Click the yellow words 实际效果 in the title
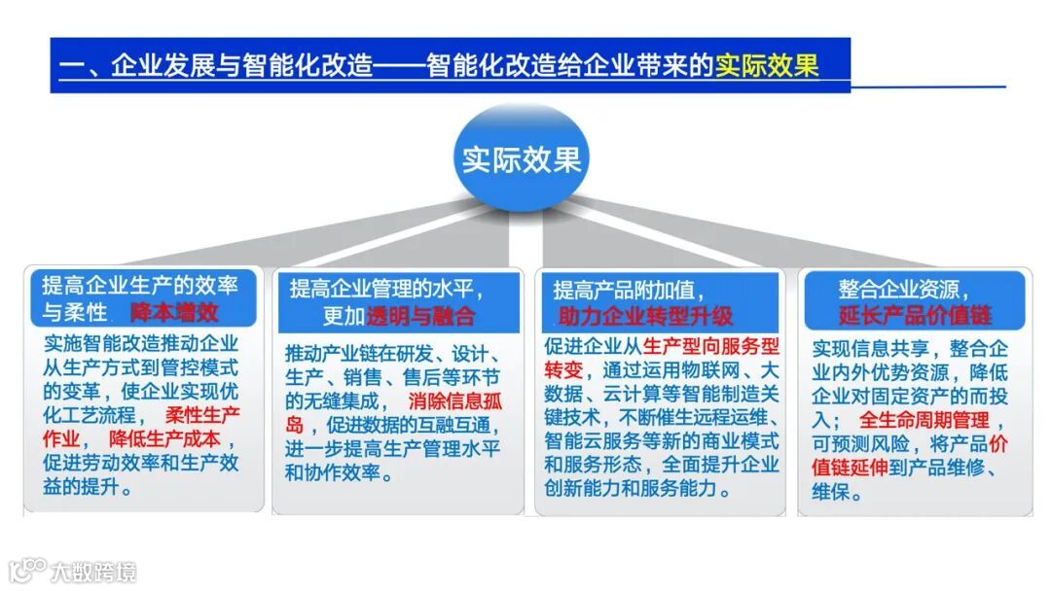click(767, 66)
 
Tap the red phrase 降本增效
click(175, 312)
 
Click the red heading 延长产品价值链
click(915, 315)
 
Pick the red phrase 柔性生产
click(202, 415)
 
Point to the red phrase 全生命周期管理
click(924, 420)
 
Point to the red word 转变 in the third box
click(563, 369)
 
